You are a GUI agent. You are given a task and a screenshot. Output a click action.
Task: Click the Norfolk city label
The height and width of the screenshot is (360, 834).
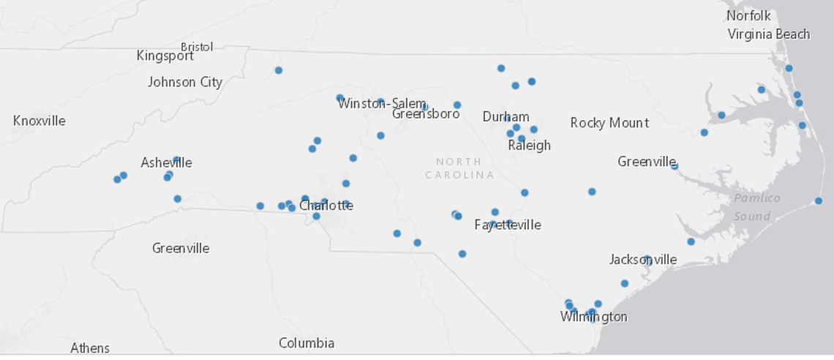748,15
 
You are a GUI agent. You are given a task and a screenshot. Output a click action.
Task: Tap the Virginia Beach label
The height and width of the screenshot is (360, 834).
768,34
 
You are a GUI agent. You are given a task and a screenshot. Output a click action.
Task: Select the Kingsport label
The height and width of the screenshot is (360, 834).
165,56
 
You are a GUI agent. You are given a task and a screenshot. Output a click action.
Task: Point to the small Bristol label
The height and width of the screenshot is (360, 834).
197,47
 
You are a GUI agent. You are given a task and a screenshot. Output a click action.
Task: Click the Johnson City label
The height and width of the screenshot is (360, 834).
185,82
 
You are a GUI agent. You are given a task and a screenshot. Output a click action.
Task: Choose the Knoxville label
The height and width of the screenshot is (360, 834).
40,120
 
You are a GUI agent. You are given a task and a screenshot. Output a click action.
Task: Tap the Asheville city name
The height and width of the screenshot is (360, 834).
166,162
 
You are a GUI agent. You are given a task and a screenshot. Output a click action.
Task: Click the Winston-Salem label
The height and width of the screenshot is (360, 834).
382,103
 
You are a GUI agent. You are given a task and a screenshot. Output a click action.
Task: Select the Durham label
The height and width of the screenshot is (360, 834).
506,116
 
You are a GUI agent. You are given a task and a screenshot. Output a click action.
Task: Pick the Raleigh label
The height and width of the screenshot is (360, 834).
529,145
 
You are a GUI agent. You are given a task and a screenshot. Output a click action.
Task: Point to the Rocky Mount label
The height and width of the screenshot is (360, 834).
609,122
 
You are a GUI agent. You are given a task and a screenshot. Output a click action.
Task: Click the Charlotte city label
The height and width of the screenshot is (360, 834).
326,205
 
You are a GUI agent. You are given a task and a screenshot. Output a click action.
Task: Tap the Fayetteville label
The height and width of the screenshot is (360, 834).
508,224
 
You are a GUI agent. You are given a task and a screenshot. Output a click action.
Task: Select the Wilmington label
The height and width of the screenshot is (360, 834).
593,317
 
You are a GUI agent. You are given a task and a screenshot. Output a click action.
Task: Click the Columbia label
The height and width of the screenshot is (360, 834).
307,342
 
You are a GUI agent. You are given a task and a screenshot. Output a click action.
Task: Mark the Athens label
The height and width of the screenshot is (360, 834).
90,348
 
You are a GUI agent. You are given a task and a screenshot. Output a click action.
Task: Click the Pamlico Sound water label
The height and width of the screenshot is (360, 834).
757,207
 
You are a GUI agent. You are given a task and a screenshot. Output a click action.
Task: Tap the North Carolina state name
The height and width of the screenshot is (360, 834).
459,168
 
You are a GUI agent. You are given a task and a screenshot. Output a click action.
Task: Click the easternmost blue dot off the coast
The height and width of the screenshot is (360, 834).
819,201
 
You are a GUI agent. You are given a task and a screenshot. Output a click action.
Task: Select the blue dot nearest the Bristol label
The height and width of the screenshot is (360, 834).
279,70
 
